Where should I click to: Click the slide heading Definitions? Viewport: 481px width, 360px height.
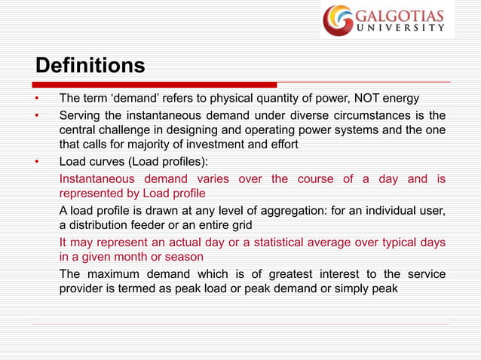pos(90,66)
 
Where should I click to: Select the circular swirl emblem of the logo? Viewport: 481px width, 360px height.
pos(338,20)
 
